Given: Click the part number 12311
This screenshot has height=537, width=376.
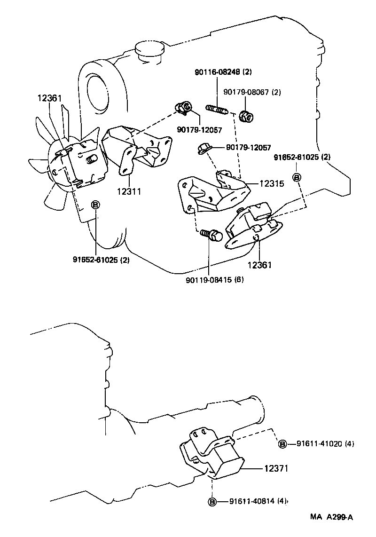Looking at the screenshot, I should coord(129,191).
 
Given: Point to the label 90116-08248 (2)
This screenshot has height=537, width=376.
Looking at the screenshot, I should coord(224,72).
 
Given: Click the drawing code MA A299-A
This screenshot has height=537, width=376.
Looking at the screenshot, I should coord(331,517).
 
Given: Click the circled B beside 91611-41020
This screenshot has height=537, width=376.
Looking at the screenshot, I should coord(282,443).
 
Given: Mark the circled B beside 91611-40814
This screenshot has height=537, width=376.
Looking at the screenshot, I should coord(212,501).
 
